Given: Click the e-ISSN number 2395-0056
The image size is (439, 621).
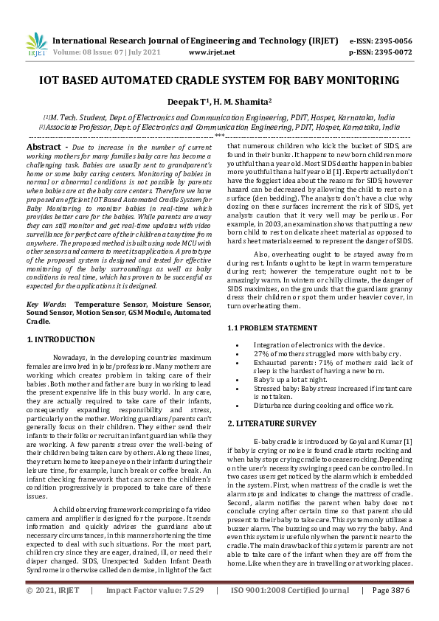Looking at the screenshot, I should pyautogui.click(x=391, y=41).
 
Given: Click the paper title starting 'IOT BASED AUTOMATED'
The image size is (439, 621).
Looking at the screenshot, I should pyautogui.click(x=219, y=80).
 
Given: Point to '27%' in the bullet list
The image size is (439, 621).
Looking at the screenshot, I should pyautogui.click(x=261, y=353).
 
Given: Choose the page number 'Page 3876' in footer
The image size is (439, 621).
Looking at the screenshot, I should pyautogui.click(x=390, y=611).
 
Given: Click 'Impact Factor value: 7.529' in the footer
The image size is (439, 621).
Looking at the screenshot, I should pyautogui.click(x=154, y=611).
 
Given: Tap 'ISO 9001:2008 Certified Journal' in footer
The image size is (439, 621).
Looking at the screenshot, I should pyautogui.click(x=290, y=611).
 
